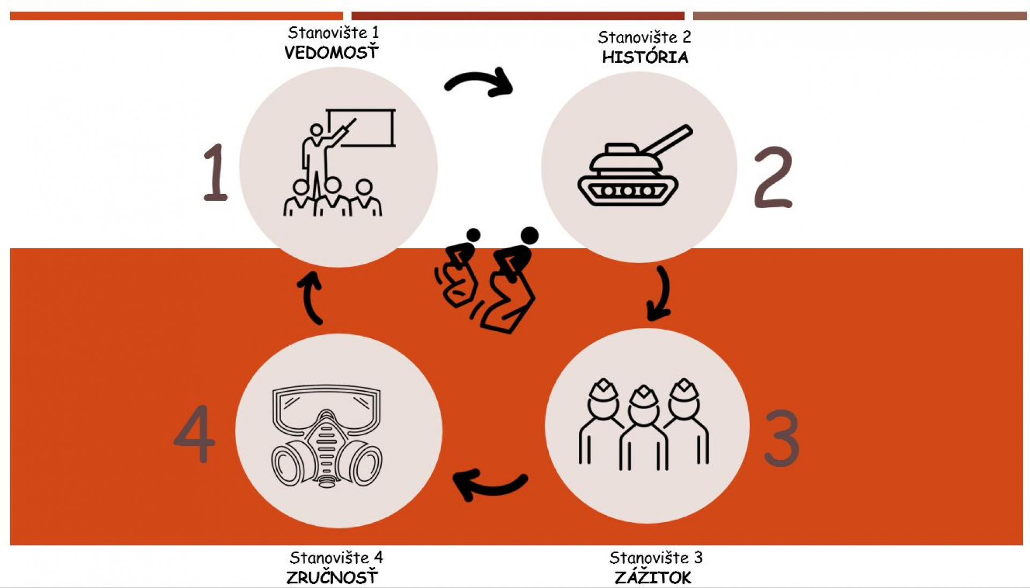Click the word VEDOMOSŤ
pos(332,52)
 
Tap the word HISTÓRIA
pos(645,56)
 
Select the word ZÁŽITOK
pos(653,577)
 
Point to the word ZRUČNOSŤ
pos(332,577)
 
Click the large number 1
pos(216,173)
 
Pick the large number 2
pos(773,177)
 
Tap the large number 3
pos(782,438)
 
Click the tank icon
pos(635,166)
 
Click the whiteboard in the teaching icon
pos(361,128)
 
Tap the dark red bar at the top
pos(518,16)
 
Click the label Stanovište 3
pos(656,557)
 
